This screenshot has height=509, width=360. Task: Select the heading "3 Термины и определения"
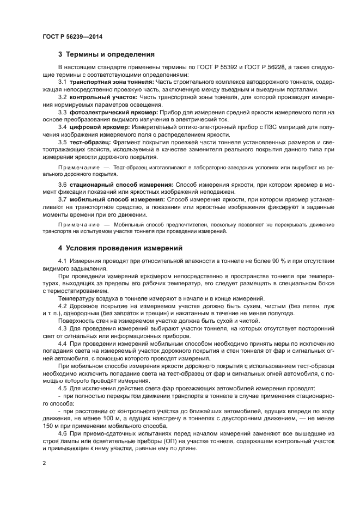click(x=106, y=54)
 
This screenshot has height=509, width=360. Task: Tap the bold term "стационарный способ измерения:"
click(x=122, y=186)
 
